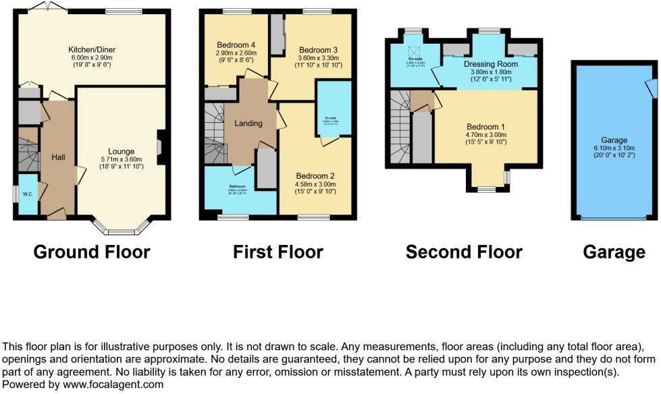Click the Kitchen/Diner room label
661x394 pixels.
click(90, 49)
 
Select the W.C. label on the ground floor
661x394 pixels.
click(28, 195)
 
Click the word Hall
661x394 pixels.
click(58, 157)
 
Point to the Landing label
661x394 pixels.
click(248, 123)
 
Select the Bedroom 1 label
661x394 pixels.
click(485, 127)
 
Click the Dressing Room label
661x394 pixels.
click(490, 64)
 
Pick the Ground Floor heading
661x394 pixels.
click(92, 252)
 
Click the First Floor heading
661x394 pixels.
click(277, 252)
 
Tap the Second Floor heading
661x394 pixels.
click(464, 252)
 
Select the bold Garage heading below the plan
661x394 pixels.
click(614, 252)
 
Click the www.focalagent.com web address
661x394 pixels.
click(112, 385)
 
